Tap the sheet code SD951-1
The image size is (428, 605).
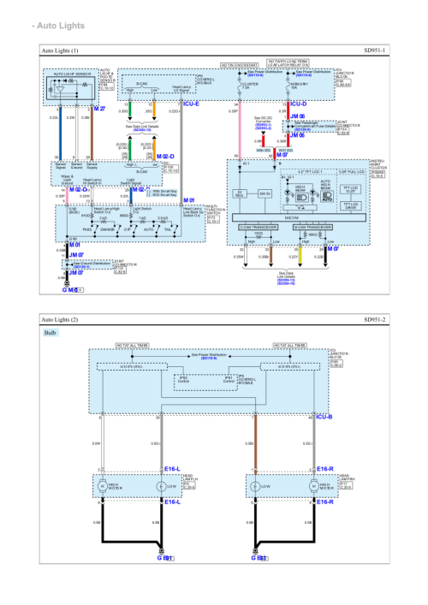tap(374, 51)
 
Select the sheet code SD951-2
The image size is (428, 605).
tap(374, 320)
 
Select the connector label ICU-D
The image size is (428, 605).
tap(298, 104)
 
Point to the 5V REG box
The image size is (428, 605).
tap(241, 193)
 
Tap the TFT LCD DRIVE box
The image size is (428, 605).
tap(349, 205)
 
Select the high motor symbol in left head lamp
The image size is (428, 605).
tap(105, 486)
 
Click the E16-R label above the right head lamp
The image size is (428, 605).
tap(324, 469)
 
